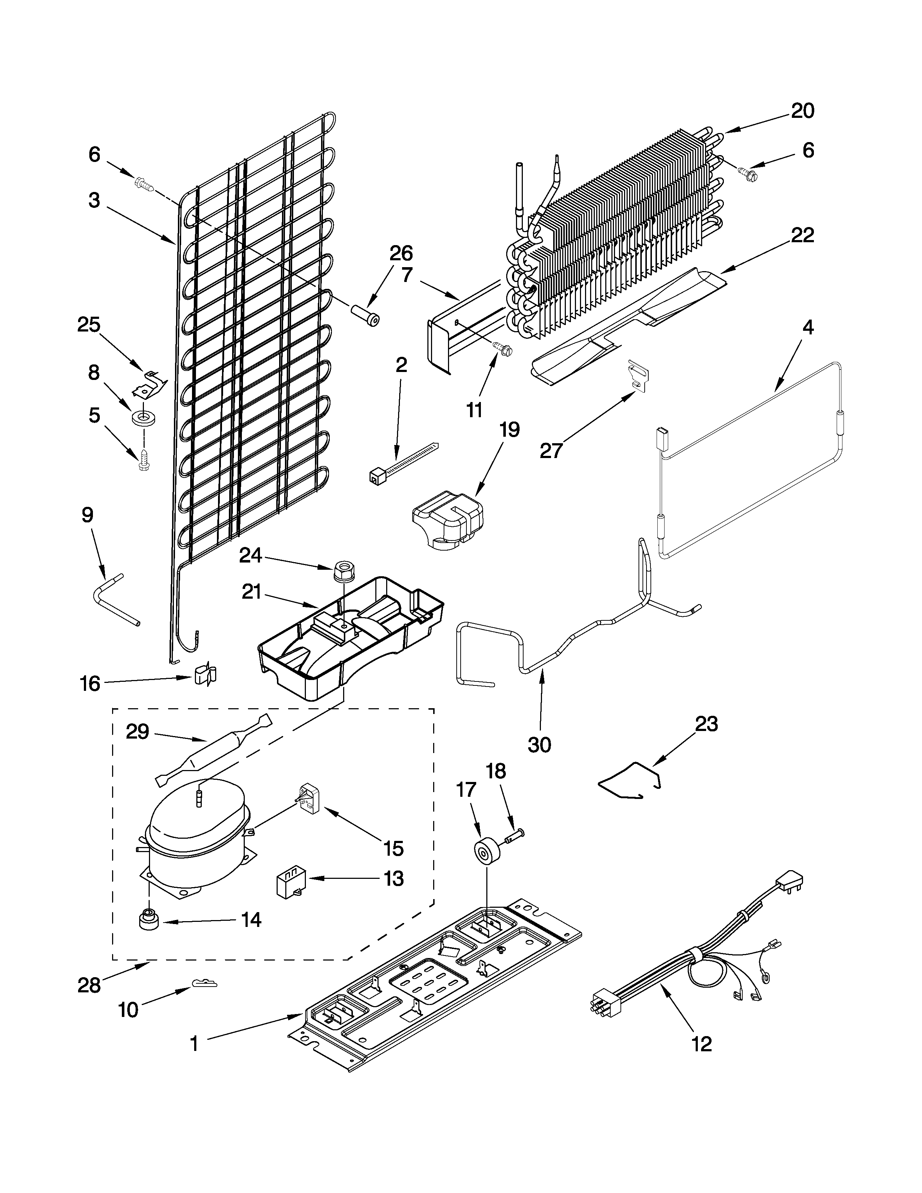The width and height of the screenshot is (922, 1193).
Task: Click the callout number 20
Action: [x=802, y=111]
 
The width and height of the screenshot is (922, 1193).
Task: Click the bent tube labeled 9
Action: [x=114, y=597]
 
